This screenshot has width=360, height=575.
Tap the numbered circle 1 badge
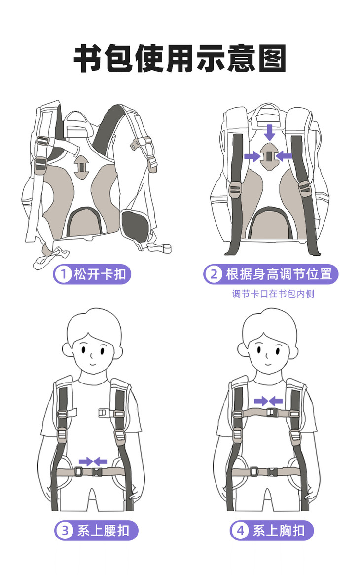tap(63, 274)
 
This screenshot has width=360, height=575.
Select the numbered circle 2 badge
tap(214, 274)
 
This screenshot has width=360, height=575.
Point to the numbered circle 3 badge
tap(65, 531)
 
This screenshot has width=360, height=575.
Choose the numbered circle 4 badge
tap(240, 531)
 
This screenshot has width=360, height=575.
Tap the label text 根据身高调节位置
tap(279, 274)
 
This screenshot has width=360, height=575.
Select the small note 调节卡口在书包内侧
tap(273, 294)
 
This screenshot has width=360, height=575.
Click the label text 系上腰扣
tap(103, 531)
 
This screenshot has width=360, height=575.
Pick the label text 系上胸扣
tap(279, 531)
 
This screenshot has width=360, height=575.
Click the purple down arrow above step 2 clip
tap(269, 132)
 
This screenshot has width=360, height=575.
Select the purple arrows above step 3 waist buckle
tap(93, 461)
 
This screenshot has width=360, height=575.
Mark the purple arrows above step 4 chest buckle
tap(268, 401)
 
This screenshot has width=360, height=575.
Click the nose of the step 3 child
tap(93, 355)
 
